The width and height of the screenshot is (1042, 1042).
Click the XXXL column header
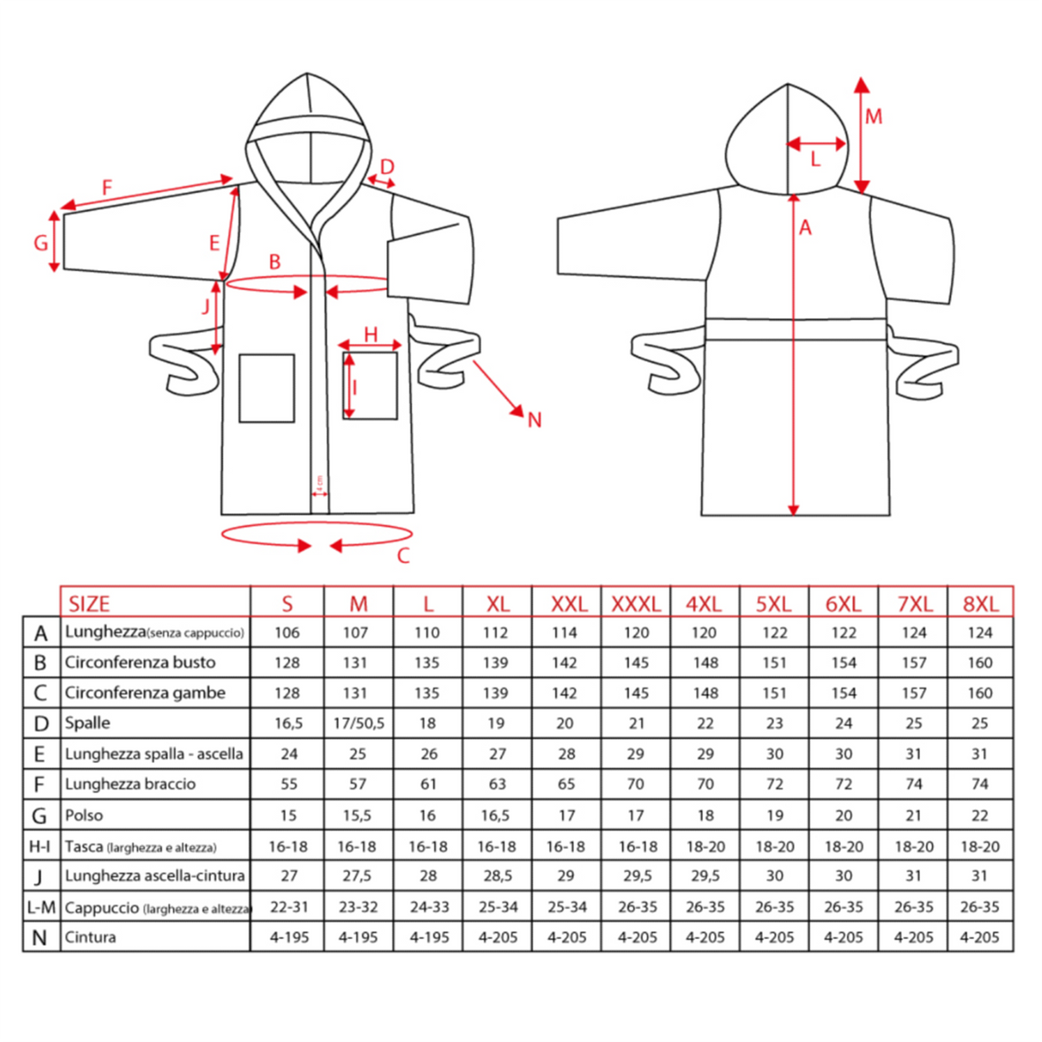(x=635, y=603)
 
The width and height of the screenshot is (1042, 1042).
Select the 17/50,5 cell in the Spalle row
(x=358, y=724)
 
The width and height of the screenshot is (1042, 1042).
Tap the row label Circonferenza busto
(x=140, y=663)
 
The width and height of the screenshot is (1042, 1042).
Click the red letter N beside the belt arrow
(x=534, y=420)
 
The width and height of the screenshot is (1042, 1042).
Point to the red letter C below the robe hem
(x=403, y=556)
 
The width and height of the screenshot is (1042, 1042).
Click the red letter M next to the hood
(x=874, y=117)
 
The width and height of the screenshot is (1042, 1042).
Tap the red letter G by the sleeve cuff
(x=40, y=243)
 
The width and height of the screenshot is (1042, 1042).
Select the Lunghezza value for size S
(x=287, y=633)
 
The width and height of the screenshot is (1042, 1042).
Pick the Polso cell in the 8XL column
(x=979, y=815)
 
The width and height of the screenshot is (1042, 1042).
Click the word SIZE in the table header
(x=89, y=603)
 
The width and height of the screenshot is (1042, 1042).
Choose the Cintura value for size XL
(x=498, y=937)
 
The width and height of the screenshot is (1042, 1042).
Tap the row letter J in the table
(x=39, y=876)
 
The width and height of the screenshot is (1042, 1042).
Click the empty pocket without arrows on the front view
(x=267, y=388)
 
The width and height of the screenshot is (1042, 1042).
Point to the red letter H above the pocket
(x=371, y=334)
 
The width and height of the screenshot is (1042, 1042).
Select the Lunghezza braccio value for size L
(x=427, y=785)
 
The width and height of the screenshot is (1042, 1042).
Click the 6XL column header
(x=843, y=603)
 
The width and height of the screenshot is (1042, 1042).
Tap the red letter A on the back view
(x=805, y=227)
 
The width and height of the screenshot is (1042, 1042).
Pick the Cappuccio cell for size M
(x=358, y=907)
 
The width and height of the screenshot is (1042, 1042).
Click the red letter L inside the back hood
(x=815, y=159)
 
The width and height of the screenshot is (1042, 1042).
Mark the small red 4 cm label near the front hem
(x=318, y=483)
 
